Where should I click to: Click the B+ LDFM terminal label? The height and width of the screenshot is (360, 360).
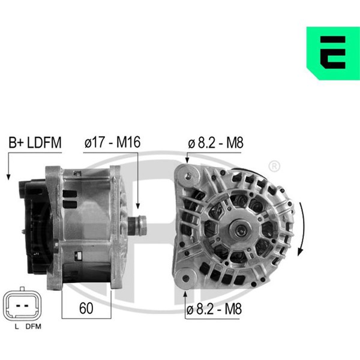click(35, 142)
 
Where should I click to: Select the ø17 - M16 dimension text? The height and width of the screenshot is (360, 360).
click(112, 142)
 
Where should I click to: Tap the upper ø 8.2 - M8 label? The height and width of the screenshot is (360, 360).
click(215, 143)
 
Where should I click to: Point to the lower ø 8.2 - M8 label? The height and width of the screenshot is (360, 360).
click(214, 309)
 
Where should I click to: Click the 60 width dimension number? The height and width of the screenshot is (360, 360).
click(86, 308)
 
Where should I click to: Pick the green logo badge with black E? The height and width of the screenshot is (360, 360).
click(333, 53)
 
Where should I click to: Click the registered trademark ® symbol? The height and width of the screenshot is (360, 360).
click(274, 166)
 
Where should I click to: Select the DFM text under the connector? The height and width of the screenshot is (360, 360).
click(33, 326)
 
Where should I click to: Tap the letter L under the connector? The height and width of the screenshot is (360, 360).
click(17, 326)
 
